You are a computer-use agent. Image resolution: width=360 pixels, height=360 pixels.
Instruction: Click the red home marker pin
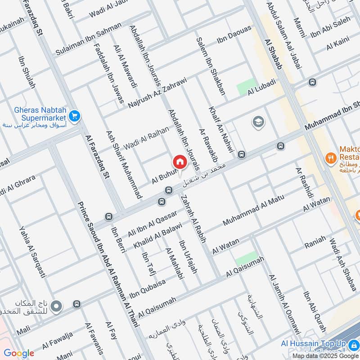click(x=179, y=162)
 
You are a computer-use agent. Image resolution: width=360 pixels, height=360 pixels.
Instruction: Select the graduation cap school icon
click(x=258, y=122)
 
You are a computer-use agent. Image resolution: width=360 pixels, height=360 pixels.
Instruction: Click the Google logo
click(x=19, y=353)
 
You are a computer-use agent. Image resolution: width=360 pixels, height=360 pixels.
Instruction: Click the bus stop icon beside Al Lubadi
click(x=312, y=82)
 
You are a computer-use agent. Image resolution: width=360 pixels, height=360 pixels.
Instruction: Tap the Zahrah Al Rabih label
click(x=193, y=220)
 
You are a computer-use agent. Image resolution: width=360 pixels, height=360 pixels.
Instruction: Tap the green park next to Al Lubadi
click(x=246, y=86)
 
